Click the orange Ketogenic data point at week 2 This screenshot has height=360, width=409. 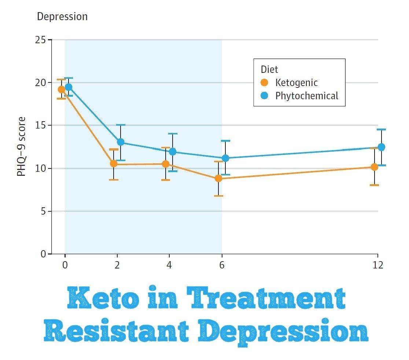coord(114,164)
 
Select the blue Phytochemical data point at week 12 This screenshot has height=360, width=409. coord(381,147)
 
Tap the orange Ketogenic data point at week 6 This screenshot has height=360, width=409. coord(218,178)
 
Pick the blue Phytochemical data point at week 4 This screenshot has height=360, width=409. coord(173,152)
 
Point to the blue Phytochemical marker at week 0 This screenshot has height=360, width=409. coord(69,87)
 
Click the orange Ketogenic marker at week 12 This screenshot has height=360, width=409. coord(374,167)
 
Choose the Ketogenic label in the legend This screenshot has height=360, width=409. coord(296,82)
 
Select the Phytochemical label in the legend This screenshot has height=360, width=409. coord(307,96)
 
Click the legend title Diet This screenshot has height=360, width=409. coord(269,69)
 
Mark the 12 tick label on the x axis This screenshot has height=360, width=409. coord(378,265)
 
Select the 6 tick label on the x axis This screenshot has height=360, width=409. coord(222,265)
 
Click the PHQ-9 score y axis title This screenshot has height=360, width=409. coord(22,146)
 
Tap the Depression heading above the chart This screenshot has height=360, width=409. coord(62,16)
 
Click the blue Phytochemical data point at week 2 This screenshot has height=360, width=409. coord(121,142)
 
